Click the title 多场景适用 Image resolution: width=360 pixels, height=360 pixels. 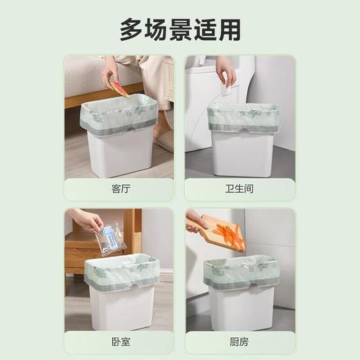(x=180, y=29)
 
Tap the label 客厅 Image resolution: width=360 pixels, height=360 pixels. (x=120, y=188)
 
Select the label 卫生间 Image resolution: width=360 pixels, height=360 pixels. (x=240, y=188)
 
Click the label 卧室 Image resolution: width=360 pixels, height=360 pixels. (x=120, y=341)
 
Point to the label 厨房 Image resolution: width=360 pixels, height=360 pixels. (x=240, y=341)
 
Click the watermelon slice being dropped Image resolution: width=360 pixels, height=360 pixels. (x=120, y=88)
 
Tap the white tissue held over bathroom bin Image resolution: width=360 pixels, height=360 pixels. (x=226, y=91)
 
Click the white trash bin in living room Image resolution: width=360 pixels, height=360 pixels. (x=120, y=152)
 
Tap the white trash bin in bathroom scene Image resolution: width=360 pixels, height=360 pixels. (x=242, y=152)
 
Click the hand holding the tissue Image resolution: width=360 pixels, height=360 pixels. (x=225, y=69)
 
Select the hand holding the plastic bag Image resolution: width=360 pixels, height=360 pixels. (x=87, y=219)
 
